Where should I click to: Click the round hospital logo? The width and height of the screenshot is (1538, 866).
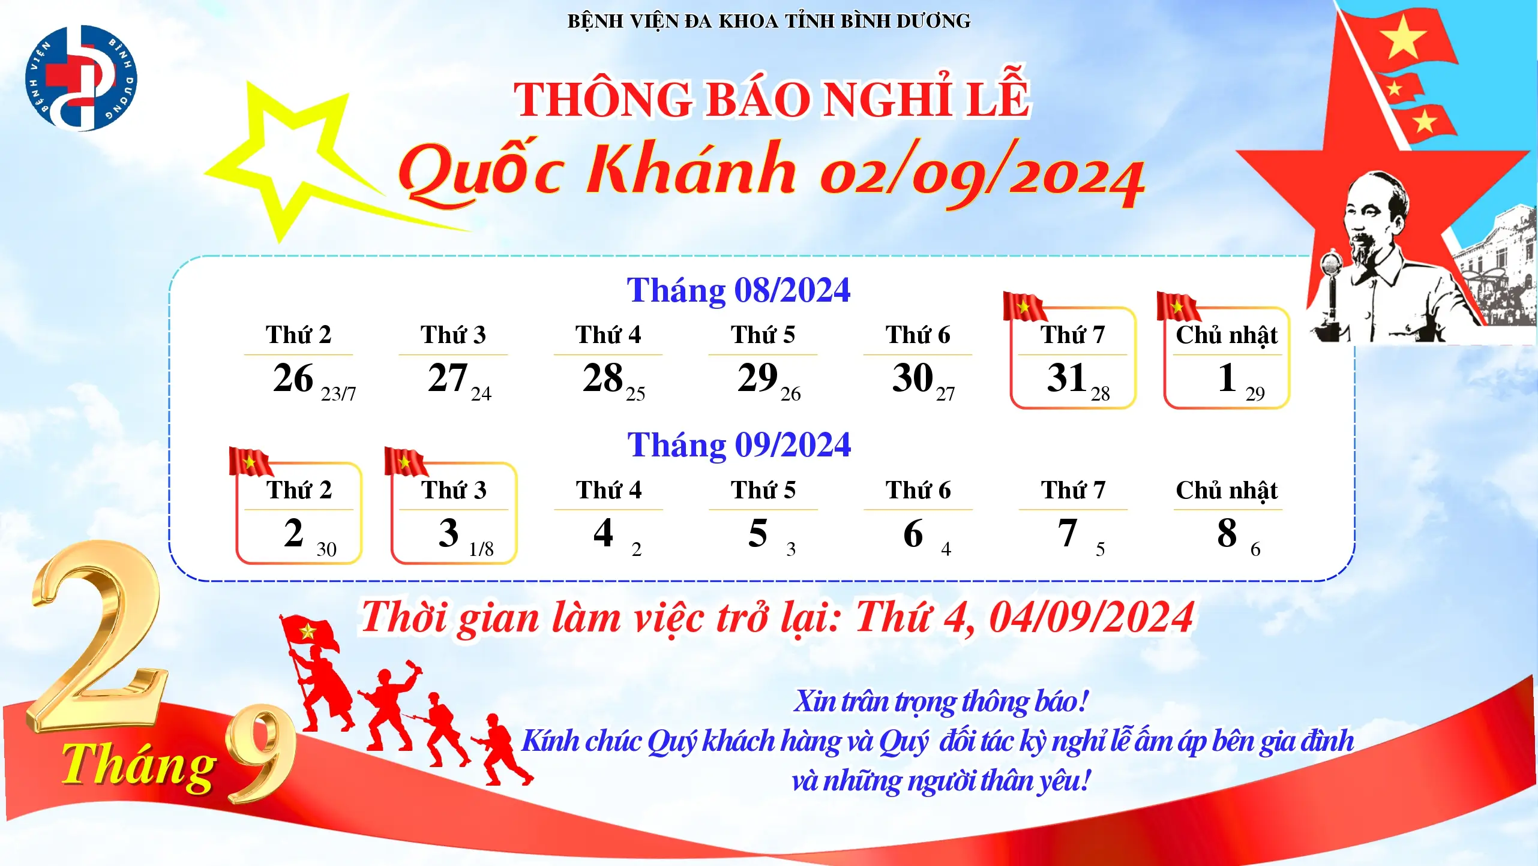(81, 78)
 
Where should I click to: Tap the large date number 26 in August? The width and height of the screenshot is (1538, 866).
(293, 378)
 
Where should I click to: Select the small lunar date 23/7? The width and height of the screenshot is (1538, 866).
(338, 393)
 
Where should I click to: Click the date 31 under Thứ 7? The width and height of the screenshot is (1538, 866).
(1066, 378)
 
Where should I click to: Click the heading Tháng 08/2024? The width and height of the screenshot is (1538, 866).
(739, 290)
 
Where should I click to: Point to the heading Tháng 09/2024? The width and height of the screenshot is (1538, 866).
(739, 445)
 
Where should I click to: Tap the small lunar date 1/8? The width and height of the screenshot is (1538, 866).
(481, 549)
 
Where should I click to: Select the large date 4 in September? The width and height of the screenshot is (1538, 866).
(603, 533)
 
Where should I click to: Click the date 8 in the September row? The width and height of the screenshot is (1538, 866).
(1227, 533)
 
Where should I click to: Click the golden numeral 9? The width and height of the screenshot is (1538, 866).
(262, 753)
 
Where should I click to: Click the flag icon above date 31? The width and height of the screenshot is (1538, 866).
(1024, 306)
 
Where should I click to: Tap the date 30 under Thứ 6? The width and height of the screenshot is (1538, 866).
(912, 378)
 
